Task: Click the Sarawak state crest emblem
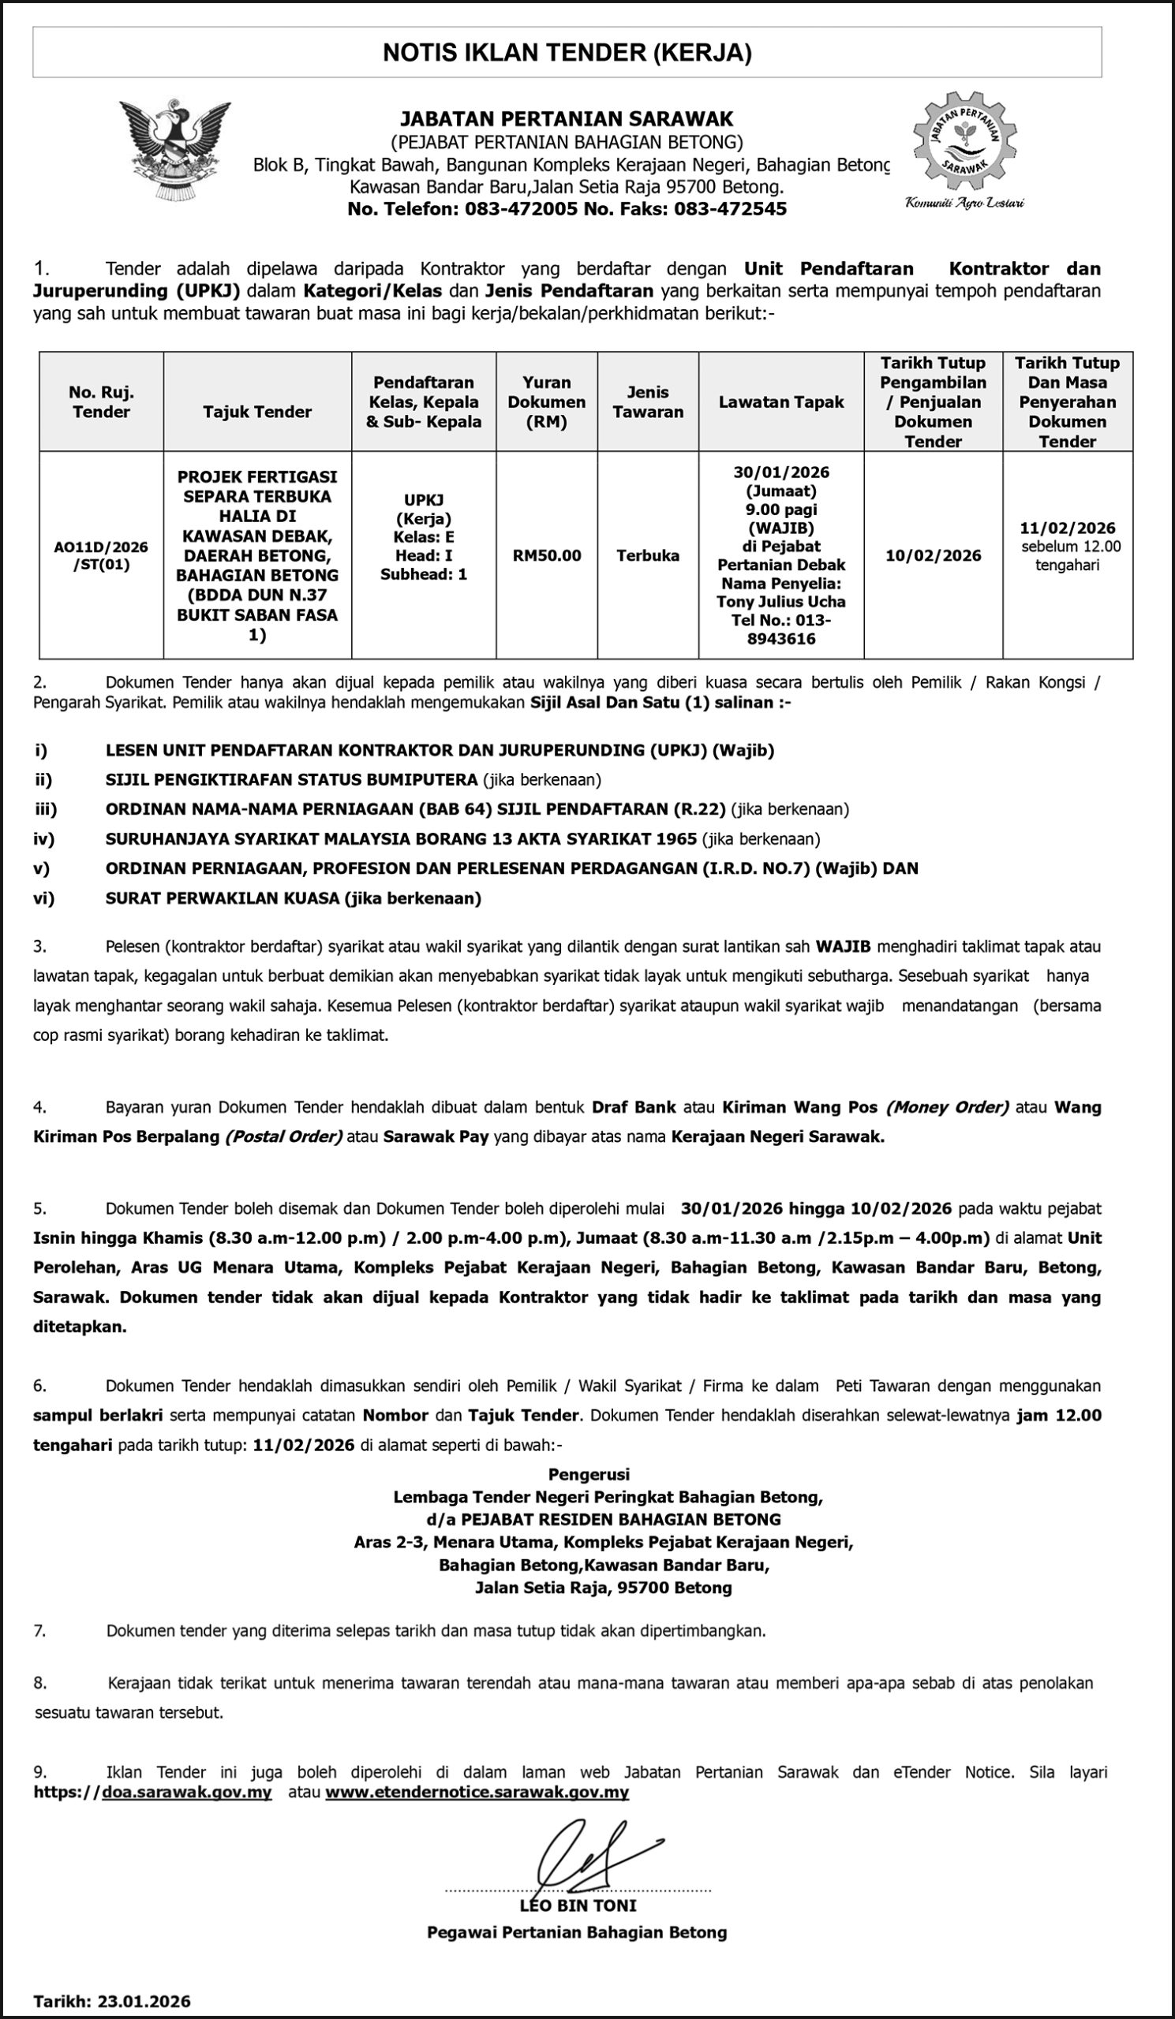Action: (x=174, y=151)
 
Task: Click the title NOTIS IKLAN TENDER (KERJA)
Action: (x=567, y=53)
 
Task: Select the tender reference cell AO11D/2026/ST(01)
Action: (x=102, y=555)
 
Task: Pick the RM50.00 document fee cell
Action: (x=547, y=555)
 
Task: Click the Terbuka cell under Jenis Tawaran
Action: (x=648, y=555)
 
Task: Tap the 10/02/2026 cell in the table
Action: (x=933, y=555)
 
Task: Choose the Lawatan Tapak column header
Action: (x=780, y=402)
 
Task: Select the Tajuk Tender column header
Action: (x=256, y=412)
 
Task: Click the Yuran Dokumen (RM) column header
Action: (x=547, y=402)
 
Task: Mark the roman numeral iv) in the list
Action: (x=43, y=839)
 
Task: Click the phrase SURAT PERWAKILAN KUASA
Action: (x=223, y=898)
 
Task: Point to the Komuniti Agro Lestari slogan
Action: (x=964, y=203)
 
